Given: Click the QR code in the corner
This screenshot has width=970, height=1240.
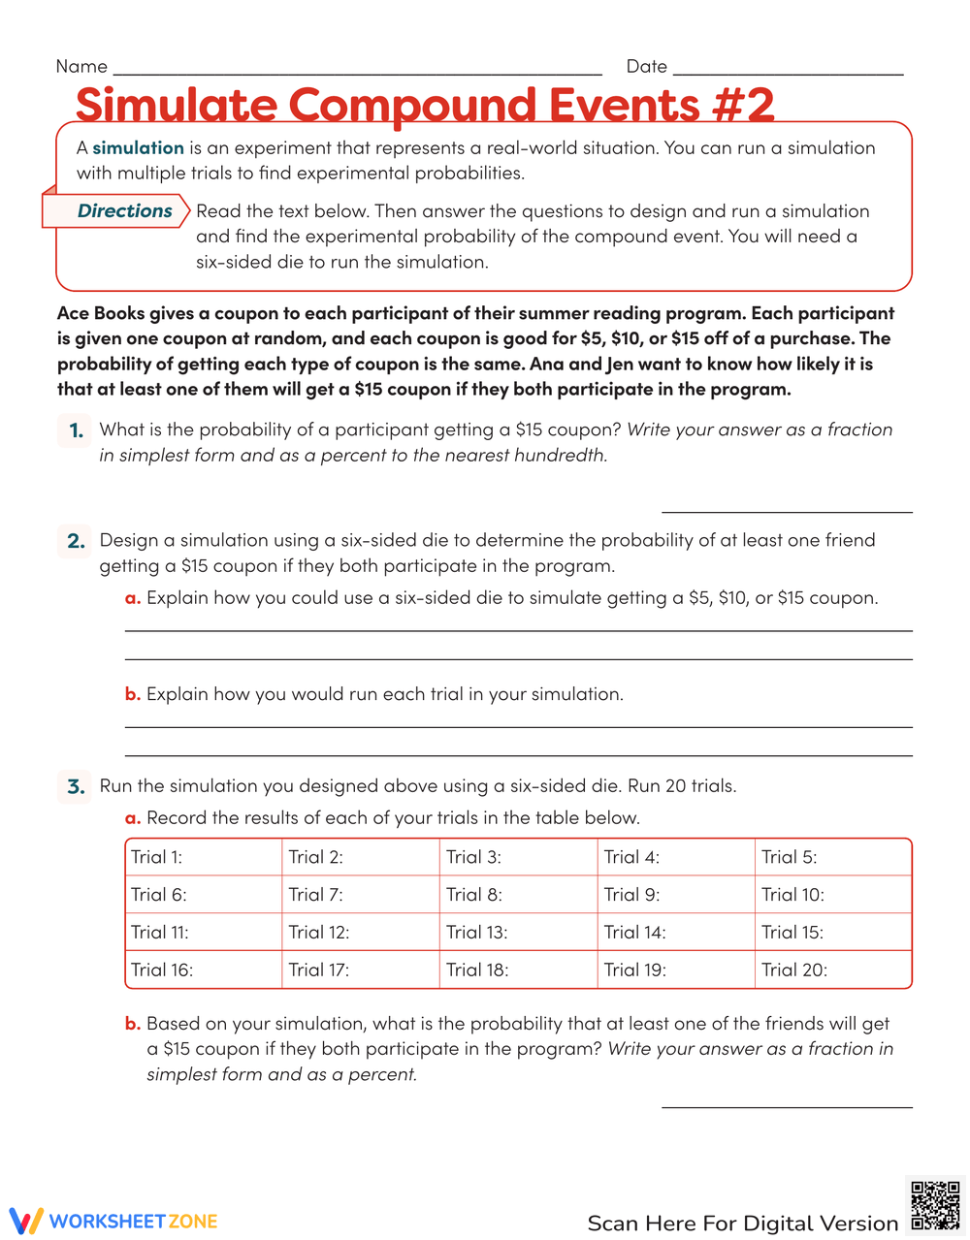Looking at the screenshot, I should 935,1206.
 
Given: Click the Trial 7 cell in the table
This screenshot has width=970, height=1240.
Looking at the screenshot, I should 361,895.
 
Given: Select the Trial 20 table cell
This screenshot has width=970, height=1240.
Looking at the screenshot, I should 832,970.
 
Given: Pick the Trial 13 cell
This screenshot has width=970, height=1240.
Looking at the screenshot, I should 518,933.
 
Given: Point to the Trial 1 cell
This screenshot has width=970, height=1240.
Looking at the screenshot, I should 204,857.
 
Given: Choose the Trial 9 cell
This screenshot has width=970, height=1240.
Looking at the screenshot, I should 675,895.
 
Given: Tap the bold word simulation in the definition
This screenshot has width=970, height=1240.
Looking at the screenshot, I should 138,148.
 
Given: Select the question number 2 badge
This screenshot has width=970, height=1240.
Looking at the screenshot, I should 76,541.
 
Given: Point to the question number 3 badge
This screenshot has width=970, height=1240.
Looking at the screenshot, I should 76,786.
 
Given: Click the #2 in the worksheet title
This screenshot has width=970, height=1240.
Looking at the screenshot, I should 742,105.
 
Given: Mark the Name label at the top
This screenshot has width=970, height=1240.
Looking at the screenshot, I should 81,67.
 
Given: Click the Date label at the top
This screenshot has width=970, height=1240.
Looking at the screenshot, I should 646,67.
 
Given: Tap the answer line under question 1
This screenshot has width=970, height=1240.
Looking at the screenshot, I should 787,511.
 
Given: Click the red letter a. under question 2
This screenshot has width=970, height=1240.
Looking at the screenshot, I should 133,598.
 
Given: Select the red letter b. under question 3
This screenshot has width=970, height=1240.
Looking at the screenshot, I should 133,1024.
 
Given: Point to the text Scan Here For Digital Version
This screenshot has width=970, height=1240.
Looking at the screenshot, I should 742,1224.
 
